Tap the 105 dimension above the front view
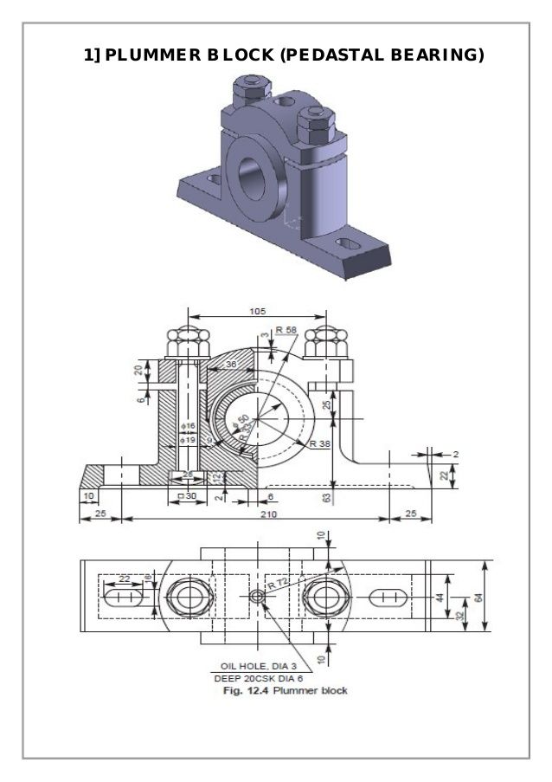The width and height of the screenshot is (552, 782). pos(257,311)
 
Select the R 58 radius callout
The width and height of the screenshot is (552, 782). pos(286,330)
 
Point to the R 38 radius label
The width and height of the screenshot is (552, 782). pos(319,443)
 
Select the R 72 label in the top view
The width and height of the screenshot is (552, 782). pos(277,585)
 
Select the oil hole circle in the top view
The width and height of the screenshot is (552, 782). pos(258,598)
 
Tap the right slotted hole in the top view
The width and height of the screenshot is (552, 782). pos(388,598)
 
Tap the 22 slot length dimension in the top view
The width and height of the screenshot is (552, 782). pos(125,578)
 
